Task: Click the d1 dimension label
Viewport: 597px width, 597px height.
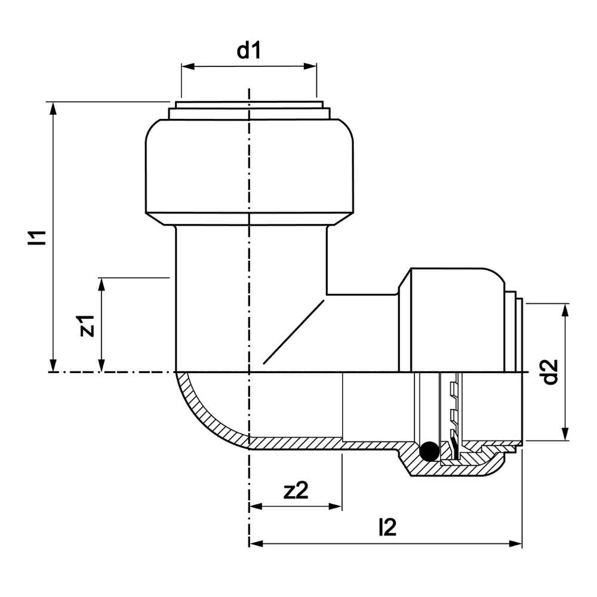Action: pos(248,51)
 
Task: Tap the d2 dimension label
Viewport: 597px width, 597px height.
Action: pos(550,371)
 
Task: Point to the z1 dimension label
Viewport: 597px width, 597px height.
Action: pos(87,325)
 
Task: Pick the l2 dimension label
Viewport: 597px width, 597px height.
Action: pos(387,527)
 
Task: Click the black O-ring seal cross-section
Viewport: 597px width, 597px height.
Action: pos(429,451)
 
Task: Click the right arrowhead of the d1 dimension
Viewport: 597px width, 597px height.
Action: pos(310,67)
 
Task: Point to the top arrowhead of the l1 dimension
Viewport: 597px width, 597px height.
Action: pos(54,109)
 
